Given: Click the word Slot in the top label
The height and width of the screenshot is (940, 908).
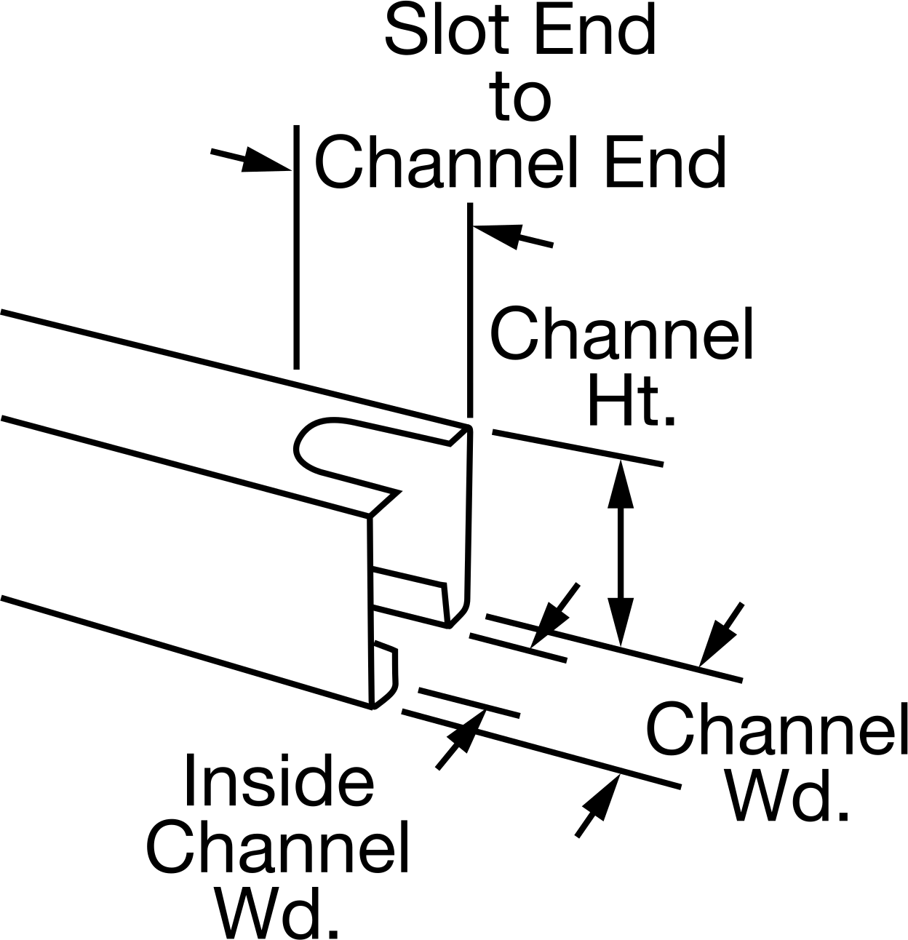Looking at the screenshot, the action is [x=447, y=31].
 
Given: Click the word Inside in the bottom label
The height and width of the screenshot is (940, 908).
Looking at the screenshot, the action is [x=279, y=780].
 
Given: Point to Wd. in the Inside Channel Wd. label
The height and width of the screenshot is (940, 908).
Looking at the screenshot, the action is [x=278, y=912].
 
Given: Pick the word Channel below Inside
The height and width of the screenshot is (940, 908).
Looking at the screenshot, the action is [x=278, y=846].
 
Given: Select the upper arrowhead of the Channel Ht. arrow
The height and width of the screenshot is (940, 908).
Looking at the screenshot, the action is [x=621, y=484].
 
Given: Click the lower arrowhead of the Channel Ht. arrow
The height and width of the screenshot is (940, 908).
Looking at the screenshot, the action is [x=621, y=621].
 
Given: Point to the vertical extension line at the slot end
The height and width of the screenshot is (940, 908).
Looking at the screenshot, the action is [x=297, y=247].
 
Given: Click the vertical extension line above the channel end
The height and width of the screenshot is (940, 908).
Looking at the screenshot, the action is [x=470, y=310].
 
